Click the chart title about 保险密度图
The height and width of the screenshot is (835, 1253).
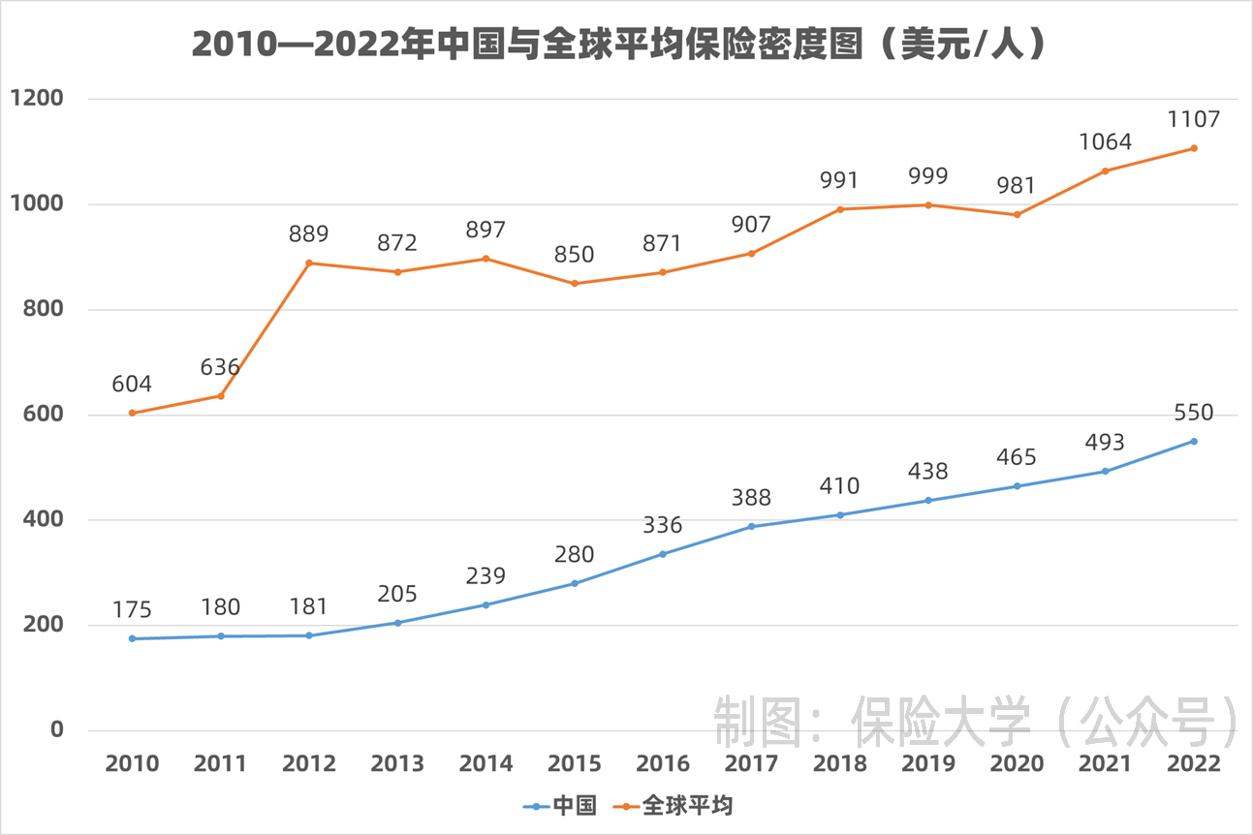coord(620,45)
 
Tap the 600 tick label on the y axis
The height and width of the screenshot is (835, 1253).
coord(43,415)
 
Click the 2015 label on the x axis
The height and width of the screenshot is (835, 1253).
coord(574,763)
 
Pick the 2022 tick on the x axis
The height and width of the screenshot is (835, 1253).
coord(1194,763)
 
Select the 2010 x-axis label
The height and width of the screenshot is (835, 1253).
coord(132,763)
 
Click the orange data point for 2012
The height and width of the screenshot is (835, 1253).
coord(309,263)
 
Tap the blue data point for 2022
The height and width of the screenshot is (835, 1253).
coord(1194,442)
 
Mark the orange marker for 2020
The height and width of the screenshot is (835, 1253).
coord(1017,215)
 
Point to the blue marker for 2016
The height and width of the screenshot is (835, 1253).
coord(663,554)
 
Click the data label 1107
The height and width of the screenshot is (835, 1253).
coord(1194,119)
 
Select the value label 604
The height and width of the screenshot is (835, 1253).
coord(132,385)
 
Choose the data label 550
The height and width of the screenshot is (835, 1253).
coord(1194,413)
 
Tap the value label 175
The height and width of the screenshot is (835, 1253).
coord(132,609)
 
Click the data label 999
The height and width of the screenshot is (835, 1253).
coord(928,176)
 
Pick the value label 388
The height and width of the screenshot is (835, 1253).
coord(751,498)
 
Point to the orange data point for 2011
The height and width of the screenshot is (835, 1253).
coord(221,396)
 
